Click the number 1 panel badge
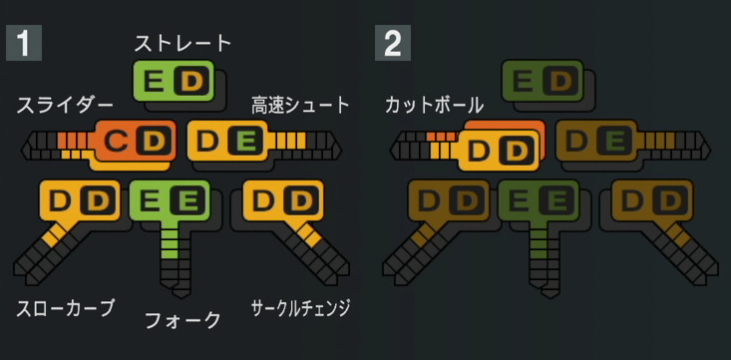click(22, 43)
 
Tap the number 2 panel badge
click(392, 43)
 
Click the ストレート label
click(183, 43)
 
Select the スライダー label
click(65, 105)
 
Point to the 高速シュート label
click(300, 105)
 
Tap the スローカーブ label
click(66, 307)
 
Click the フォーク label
click(183, 320)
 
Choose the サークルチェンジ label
click(300, 307)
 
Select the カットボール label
click(434, 105)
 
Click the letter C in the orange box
click(117, 142)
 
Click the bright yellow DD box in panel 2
click(498, 151)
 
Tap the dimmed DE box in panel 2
click(596, 141)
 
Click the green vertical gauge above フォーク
click(174, 254)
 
